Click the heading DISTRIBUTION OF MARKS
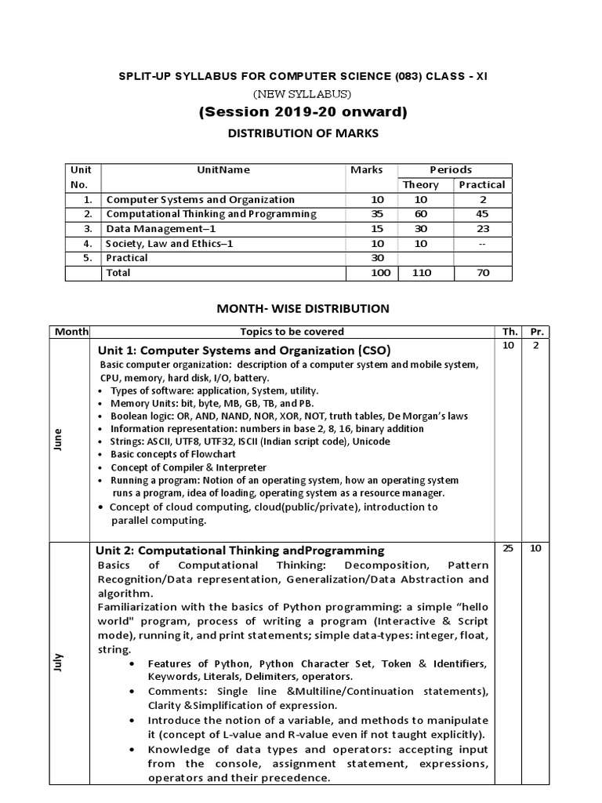point(303,133)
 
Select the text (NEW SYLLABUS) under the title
point(302,94)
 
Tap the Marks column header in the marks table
point(367,169)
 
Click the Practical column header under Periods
point(481,185)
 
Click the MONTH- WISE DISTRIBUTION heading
point(303,309)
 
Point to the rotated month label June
point(57,441)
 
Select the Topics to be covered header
point(292,332)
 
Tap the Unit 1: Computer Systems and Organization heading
point(244,350)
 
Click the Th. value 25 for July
point(508,549)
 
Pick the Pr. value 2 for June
point(536,346)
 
